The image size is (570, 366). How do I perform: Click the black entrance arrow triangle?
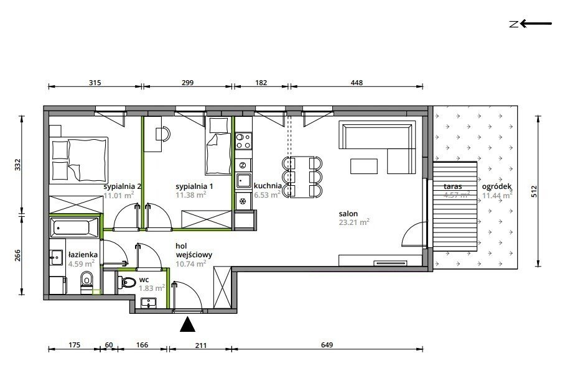pyautogui.click(x=187, y=324)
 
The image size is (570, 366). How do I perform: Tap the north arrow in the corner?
pyautogui.click(x=531, y=24)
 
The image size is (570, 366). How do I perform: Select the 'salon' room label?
pyautogui.click(x=348, y=214)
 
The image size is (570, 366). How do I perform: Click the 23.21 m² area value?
pyautogui.click(x=354, y=222)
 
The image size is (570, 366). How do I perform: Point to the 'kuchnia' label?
pyautogui.click(x=268, y=186)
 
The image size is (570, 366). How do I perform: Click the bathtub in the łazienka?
pyautogui.click(x=75, y=228)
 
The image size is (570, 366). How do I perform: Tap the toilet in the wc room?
pyautogui.click(x=126, y=281)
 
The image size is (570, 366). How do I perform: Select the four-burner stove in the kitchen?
pyautogui.click(x=243, y=141)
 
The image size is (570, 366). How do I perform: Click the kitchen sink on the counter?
pyautogui.click(x=243, y=180)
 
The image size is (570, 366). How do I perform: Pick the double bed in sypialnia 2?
pyautogui.click(x=79, y=158)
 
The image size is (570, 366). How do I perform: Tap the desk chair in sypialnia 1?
pyautogui.click(x=163, y=133)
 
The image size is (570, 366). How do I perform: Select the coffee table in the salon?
pyautogui.click(x=364, y=167)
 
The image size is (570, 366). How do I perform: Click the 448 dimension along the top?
pyautogui.click(x=357, y=83)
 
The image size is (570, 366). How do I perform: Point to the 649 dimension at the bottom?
pyautogui.click(x=327, y=345)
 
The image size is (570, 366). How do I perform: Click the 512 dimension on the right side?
pyautogui.click(x=534, y=191)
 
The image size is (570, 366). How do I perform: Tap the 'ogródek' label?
pyautogui.click(x=497, y=186)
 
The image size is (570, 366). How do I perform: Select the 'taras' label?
pyautogui.click(x=452, y=186)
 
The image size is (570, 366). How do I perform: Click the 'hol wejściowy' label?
pyautogui.click(x=194, y=250)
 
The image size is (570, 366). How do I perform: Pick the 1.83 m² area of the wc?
pyautogui.click(x=152, y=288)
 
